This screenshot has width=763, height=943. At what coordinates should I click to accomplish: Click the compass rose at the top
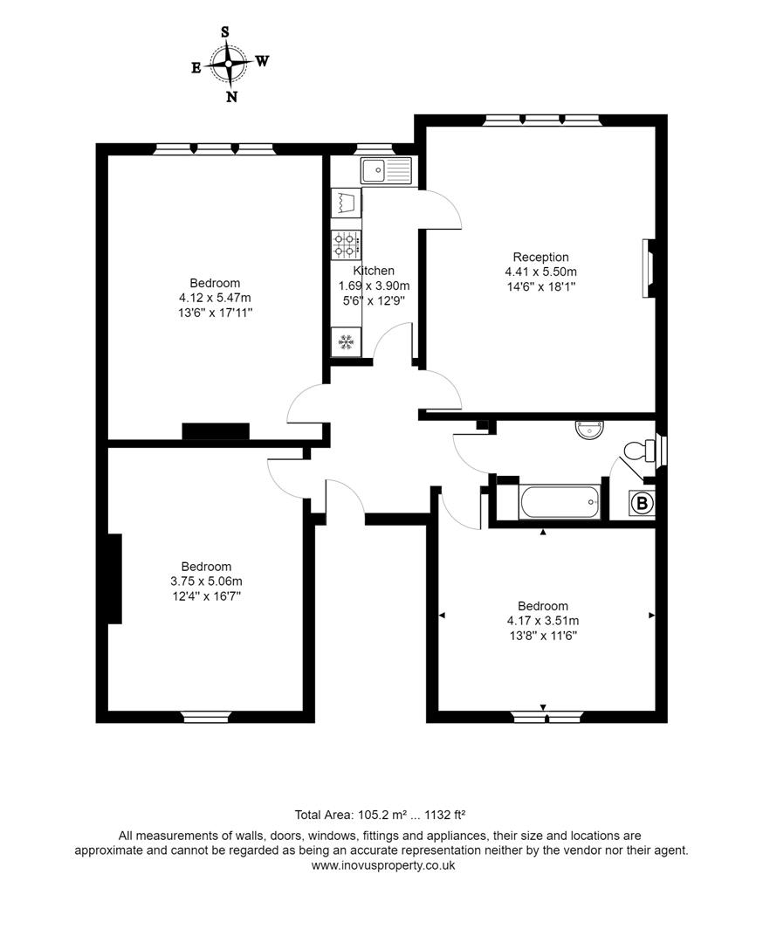[x=229, y=63]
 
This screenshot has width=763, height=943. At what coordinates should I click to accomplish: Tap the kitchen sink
[x=384, y=169]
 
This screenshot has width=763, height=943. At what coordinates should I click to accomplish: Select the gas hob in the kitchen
[x=346, y=244]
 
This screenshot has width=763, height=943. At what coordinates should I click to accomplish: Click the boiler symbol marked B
[x=642, y=504]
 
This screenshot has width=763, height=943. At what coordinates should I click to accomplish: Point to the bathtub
[x=559, y=503]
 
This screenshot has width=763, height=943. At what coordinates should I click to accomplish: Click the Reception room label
[x=540, y=257]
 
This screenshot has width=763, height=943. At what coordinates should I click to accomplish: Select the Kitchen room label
[x=374, y=271]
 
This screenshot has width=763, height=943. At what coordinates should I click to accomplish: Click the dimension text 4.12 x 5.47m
[x=215, y=298]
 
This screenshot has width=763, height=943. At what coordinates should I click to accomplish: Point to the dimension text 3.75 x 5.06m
[x=206, y=581]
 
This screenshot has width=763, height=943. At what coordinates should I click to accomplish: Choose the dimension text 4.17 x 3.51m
[x=543, y=621]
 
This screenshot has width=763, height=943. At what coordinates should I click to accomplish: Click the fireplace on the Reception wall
[x=648, y=270]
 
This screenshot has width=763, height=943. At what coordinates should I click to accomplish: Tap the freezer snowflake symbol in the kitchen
[x=346, y=342]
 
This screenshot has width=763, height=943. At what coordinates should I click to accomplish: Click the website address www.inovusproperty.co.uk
[x=383, y=865]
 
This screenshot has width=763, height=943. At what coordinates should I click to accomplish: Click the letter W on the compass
[x=262, y=61]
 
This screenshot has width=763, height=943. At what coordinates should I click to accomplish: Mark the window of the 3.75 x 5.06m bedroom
[x=207, y=718]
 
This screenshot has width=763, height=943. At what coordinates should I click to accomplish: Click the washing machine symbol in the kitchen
[x=346, y=203]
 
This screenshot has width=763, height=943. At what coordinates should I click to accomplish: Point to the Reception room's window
[x=541, y=120]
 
